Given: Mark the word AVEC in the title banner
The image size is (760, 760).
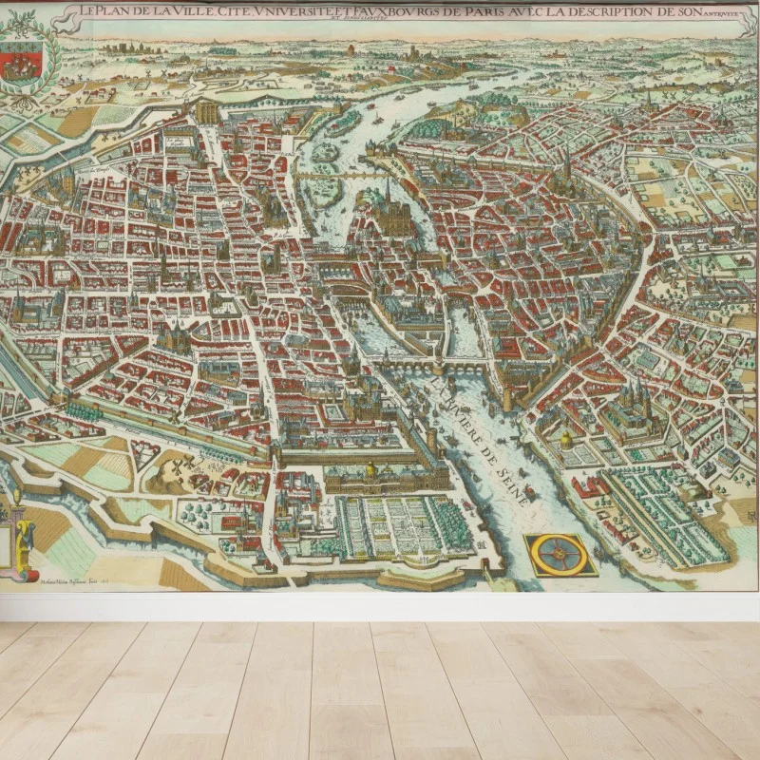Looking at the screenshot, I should [533, 12].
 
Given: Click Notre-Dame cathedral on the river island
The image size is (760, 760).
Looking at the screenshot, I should [390, 214].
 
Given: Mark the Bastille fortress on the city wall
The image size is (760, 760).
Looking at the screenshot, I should [207, 111].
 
